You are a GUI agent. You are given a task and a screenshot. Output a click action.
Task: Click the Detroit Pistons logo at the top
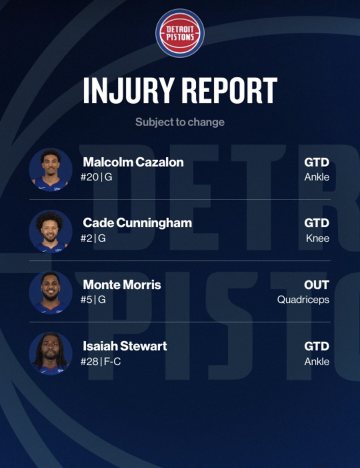[x=180, y=33]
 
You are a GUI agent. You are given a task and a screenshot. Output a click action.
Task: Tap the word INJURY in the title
[x=129, y=90]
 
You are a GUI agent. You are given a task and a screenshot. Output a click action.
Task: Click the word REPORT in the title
[x=230, y=90]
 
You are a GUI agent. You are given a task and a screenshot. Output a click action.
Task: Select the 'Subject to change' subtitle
[x=180, y=122]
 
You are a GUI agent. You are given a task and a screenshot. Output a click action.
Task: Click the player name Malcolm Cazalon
[x=133, y=162]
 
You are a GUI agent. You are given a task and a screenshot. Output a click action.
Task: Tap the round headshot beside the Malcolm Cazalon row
[x=51, y=169]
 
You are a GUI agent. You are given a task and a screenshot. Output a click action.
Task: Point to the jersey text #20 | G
[x=96, y=177]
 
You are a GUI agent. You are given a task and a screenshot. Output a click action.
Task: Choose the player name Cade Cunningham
[x=137, y=223]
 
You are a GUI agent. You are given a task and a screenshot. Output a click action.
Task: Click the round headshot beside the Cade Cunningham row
[x=51, y=231]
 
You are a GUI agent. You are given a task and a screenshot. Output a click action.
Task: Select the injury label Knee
[x=317, y=238]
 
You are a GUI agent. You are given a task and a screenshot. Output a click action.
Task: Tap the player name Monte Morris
[x=122, y=285]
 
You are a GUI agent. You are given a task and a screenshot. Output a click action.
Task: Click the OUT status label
[x=317, y=285]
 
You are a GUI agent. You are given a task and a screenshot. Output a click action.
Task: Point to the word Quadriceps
[x=303, y=300]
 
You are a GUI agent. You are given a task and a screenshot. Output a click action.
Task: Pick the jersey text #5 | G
[x=93, y=300]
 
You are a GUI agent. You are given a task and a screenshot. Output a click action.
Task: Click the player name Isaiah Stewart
[x=125, y=346]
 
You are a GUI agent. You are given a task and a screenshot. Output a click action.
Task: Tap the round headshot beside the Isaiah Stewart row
[x=51, y=354]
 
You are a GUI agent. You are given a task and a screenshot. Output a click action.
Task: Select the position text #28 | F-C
[x=101, y=362]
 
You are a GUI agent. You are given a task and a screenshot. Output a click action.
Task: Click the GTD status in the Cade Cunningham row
[x=317, y=223]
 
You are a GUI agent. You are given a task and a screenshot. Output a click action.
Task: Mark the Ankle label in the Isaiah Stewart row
[x=317, y=362]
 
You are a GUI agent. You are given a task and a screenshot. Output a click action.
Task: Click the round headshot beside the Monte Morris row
[x=51, y=292]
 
